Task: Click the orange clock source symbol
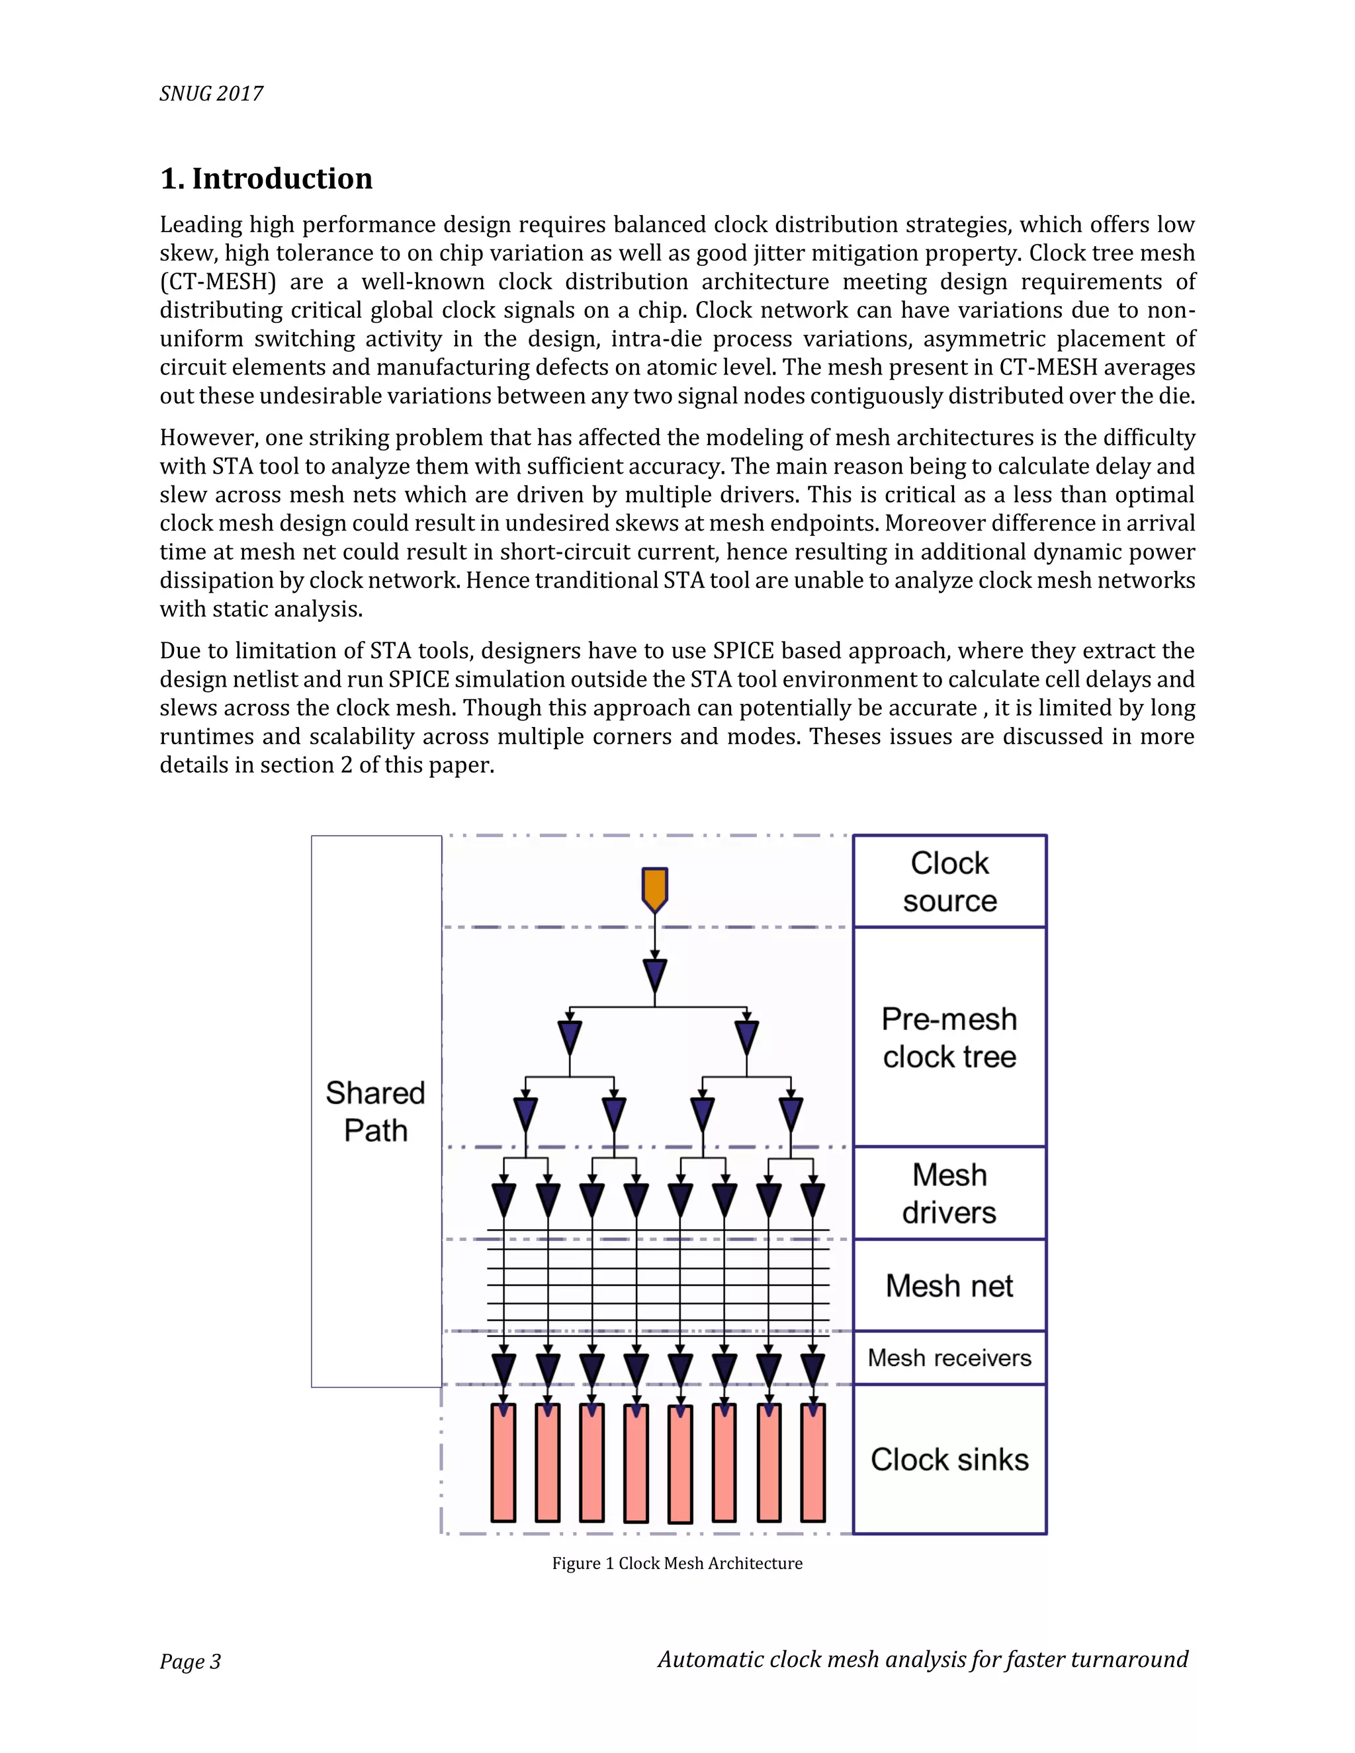coord(655,888)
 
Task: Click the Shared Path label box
coord(376,1112)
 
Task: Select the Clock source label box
coord(949,881)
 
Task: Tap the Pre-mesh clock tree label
coord(949,1037)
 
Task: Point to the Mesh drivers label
coord(949,1193)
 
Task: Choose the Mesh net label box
coord(949,1286)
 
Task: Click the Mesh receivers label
coord(949,1358)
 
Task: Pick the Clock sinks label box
coord(949,1459)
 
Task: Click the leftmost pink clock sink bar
coord(503,1463)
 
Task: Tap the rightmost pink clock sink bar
coord(812,1463)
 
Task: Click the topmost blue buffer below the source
coord(655,976)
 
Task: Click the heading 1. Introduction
coord(267,178)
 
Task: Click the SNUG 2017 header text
coord(211,94)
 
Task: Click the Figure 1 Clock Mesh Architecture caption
coord(677,1562)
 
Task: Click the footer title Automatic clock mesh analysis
coord(922,1659)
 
